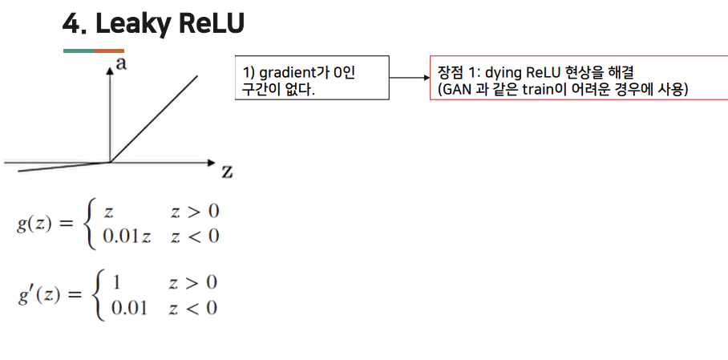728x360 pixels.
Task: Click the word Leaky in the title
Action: click(x=131, y=24)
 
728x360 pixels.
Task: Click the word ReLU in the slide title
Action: click(x=211, y=24)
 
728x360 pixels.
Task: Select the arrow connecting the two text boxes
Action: click(x=409, y=78)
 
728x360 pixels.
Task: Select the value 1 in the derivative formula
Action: click(x=117, y=282)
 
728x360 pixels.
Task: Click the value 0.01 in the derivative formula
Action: click(x=128, y=308)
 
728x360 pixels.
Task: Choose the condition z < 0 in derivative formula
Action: click(x=192, y=308)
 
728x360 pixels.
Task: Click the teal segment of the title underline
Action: click(x=79, y=51)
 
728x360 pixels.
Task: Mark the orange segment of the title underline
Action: click(x=109, y=51)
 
